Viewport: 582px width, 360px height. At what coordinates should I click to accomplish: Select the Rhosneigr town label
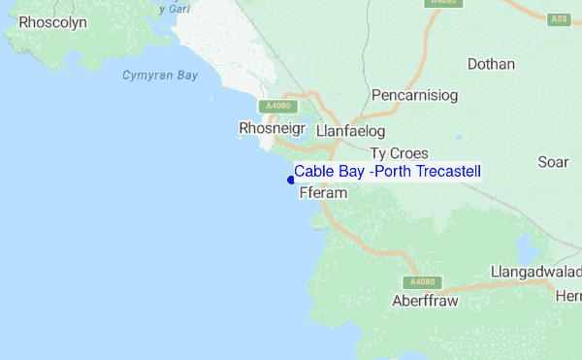click(x=272, y=128)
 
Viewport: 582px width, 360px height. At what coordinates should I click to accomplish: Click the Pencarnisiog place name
click(x=414, y=95)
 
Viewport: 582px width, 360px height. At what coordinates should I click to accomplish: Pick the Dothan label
click(x=491, y=65)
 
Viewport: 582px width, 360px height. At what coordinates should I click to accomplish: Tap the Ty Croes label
click(x=399, y=153)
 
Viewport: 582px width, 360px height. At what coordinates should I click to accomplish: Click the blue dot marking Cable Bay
click(x=291, y=179)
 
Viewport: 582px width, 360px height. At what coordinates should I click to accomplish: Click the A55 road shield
click(x=558, y=18)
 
